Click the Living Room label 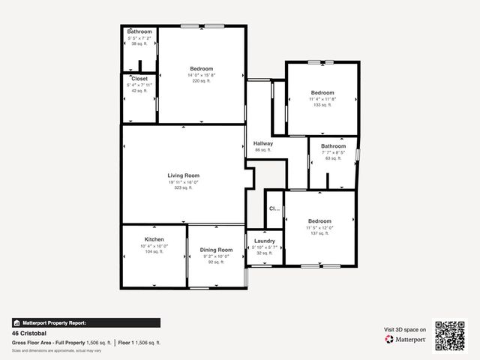click(184, 175)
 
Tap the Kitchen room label click(154, 240)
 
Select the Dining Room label click(217, 250)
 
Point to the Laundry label click(264, 241)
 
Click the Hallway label click(262, 143)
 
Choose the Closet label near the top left click(139, 79)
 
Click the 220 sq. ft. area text click(201, 81)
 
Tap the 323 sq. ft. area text click(184, 188)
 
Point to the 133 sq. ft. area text click(322, 105)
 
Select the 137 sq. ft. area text click(319, 233)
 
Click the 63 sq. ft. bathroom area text click(333, 158)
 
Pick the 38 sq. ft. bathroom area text click(139, 43)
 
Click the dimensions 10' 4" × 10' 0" click(154, 247)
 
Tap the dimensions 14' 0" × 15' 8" click(201, 75)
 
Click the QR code click(450, 336)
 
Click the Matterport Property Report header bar click(85, 323)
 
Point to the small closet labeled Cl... click(274, 209)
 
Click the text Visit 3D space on click(405, 329)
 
